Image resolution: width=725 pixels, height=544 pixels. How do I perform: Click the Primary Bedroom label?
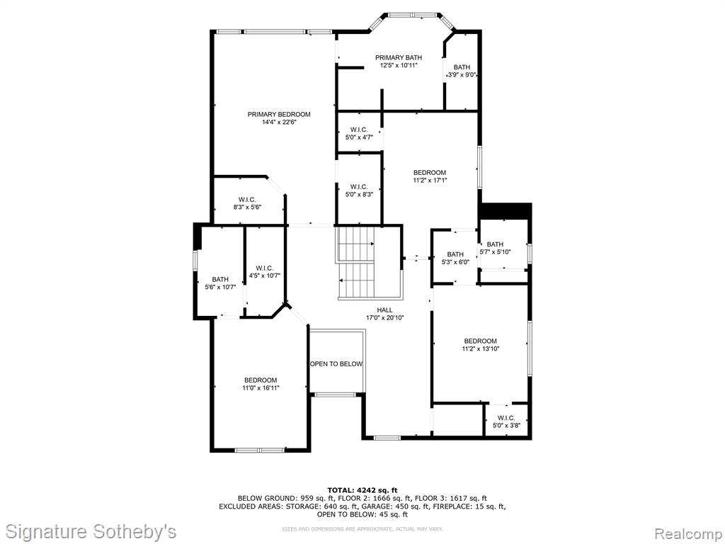279,114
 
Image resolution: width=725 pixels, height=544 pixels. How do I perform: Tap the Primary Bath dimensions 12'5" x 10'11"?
399,66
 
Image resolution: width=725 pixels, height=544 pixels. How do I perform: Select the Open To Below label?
336,364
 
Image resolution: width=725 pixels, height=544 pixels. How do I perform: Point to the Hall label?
384,310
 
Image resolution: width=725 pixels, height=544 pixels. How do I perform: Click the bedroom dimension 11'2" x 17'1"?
430,181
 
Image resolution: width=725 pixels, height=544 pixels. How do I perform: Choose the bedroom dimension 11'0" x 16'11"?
261,388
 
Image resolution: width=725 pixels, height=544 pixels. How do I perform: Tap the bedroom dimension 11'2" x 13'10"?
481,348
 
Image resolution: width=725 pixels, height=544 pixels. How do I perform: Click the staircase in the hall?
368,263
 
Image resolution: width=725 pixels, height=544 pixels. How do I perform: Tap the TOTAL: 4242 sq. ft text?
362,490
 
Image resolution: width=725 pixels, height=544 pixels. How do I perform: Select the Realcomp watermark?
687,533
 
